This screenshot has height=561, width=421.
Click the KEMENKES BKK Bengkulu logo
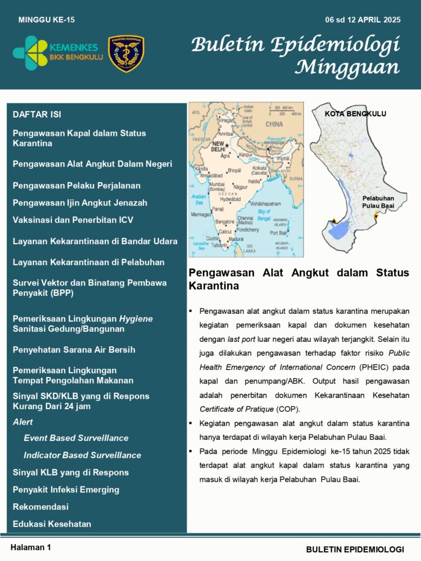pyautogui.click(x=58, y=53)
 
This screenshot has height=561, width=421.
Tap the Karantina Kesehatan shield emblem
pyautogui.click(x=126, y=54)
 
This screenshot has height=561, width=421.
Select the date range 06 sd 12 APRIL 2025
pyautogui.click(x=362, y=20)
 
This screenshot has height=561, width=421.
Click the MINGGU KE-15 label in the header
pyautogui.click(x=47, y=20)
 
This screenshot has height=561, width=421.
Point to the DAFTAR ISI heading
pyautogui.click(x=37, y=115)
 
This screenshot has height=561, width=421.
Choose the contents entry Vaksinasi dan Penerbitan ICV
pyautogui.click(x=73, y=220)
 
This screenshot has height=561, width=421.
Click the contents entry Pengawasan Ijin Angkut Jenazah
pyautogui.click(x=80, y=203)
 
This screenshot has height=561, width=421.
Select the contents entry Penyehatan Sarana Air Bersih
pyautogui.click(x=74, y=350)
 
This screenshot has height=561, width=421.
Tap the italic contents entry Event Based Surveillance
pyautogui.click(x=76, y=438)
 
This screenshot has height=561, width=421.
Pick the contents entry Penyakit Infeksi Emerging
pyautogui.click(x=66, y=490)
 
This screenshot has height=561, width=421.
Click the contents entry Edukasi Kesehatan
pyautogui.click(x=52, y=524)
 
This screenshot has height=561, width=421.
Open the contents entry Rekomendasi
pyautogui.click(x=41, y=507)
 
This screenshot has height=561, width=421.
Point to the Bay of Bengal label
pyautogui.click(x=264, y=214)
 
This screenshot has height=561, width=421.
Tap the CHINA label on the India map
pyautogui.click(x=274, y=124)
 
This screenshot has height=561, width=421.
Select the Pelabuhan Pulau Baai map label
pyautogui.click(x=378, y=202)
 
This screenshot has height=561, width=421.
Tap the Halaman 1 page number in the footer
pyautogui.click(x=31, y=547)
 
